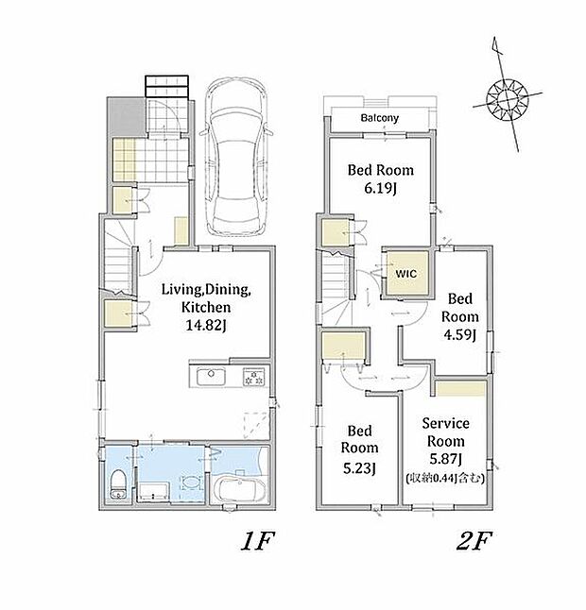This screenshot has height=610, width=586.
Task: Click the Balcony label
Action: pyautogui.click(x=380, y=118)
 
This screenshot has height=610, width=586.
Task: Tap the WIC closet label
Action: pyautogui.click(x=406, y=274)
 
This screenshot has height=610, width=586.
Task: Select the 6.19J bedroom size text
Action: pyautogui.click(x=380, y=189)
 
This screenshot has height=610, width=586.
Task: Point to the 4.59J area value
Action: pyautogui.click(x=460, y=334)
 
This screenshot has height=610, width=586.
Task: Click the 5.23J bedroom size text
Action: pyautogui.click(x=359, y=468)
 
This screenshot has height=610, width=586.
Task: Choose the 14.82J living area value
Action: pyautogui.click(x=206, y=325)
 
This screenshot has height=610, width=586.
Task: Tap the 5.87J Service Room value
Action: pyautogui.click(x=446, y=459)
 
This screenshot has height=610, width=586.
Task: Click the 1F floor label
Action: pyautogui.click(x=258, y=541)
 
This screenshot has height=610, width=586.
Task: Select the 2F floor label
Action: pyautogui.click(x=474, y=541)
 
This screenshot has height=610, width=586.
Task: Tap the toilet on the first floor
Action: pyautogui.click(x=117, y=484)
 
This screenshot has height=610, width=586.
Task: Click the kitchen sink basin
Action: pyautogui.click(x=211, y=377)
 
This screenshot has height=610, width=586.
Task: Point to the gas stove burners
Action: pyautogui.click(x=254, y=377)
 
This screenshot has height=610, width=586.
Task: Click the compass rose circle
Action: pyautogui.click(x=507, y=99)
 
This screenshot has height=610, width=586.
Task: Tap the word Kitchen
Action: pyautogui.click(x=206, y=307)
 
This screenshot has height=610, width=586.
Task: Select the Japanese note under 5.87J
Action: pyautogui.click(x=445, y=478)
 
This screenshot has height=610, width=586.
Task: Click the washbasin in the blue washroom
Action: pyautogui.click(x=191, y=483)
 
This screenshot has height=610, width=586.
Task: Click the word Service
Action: pyautogui.click(x=445, y=423)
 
